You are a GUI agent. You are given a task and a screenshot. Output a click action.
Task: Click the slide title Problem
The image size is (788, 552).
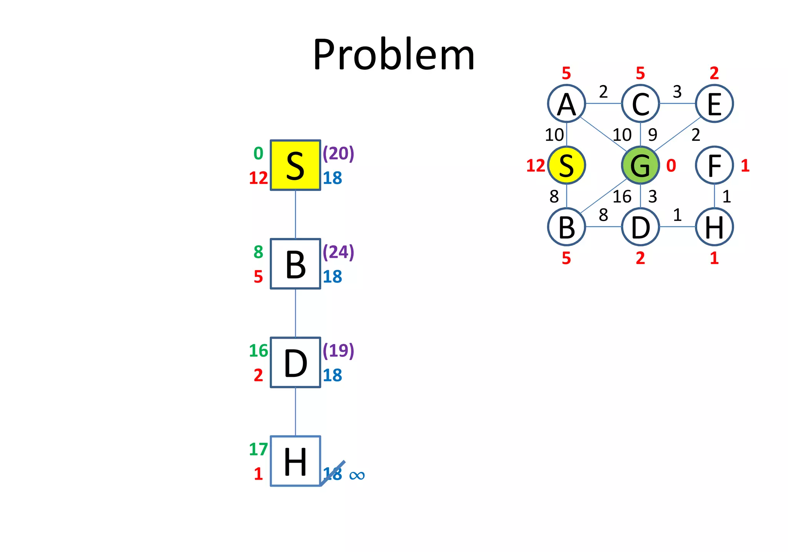coord(394,55)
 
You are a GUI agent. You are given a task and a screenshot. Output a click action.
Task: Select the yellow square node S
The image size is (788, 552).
coord(295,165)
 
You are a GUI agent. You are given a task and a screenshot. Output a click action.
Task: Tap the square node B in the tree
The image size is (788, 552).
coord(295,264)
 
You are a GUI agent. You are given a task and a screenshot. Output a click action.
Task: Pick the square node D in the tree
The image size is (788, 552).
coord(295,362)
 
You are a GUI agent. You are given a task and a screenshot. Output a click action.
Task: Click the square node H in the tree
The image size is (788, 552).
coord(295,461)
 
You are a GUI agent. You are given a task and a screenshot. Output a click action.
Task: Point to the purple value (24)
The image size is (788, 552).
coord(338,252)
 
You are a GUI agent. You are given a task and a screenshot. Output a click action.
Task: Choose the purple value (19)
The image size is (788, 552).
coord(338,350)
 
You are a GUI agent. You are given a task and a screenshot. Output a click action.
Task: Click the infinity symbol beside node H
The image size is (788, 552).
coord(357,475)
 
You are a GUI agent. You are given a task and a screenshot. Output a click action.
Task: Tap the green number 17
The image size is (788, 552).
coord(258,449)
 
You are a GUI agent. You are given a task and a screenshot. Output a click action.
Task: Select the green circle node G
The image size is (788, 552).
coord(640,165)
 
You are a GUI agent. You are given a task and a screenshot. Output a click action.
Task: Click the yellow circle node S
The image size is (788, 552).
coord(566,165)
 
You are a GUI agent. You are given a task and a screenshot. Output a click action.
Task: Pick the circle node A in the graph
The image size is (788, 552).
coord(566,104)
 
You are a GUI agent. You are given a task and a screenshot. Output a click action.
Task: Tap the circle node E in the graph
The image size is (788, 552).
coord(714,104)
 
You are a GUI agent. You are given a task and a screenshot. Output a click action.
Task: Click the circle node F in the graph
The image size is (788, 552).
coord(714,165)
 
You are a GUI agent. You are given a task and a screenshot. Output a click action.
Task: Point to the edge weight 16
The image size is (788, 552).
coord(622,197)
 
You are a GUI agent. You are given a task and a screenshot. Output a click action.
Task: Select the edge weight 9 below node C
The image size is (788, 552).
coord(653,135)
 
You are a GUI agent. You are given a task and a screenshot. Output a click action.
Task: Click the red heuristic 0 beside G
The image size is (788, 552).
coord(671,166)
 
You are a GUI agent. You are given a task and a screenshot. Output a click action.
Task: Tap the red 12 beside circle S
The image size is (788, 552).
coord(536,166)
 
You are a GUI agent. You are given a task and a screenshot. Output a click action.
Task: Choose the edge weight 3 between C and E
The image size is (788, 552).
coord(677,92)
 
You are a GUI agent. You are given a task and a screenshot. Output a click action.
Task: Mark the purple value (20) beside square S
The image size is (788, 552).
coord(338,153)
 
